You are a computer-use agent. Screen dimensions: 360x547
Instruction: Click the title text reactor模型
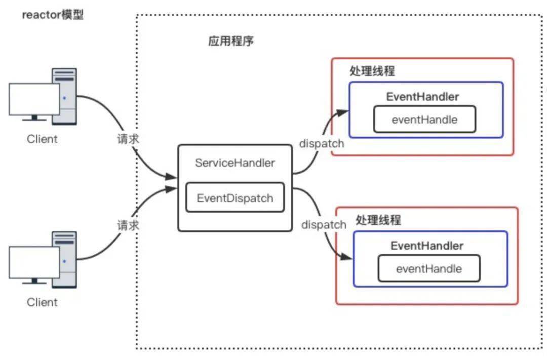(53, 15)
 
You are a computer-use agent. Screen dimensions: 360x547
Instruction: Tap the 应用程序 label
(230, 41)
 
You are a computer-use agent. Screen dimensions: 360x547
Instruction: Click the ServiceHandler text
(235, 163)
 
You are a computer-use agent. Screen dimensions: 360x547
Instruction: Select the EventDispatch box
(235, 198)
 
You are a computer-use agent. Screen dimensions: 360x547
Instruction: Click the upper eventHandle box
(424, 120)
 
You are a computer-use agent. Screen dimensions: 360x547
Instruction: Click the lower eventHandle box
(428, 268)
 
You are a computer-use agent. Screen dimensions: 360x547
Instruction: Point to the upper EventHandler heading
(422, 96)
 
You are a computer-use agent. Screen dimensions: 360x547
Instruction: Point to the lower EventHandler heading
(426, 246)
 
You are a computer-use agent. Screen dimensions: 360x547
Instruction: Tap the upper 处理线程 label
(372, 71)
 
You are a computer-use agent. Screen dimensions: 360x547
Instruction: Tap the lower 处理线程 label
(378, 220)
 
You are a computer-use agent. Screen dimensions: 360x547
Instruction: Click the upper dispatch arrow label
(321, 143)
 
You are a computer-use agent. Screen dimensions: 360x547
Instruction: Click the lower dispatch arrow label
(324, 224)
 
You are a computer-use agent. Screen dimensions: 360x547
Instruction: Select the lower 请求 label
(128, 225)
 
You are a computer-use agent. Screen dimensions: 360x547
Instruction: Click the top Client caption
(42, 139)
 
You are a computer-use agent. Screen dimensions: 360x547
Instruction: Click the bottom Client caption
(42, 302)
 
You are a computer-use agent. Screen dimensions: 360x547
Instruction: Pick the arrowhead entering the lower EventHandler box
(347, 257)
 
